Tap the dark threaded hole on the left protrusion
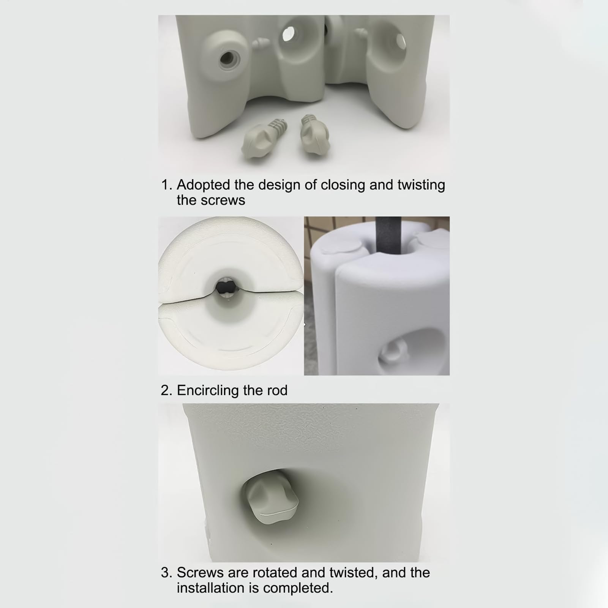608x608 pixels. point(227,58)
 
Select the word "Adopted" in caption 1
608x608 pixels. point(204,185)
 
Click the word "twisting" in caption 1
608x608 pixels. point(421,185)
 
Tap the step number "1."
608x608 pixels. point(167,185)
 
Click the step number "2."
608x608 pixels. point(167,390)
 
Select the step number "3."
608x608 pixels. point(167,573)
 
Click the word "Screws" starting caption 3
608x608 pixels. point(200,573)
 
